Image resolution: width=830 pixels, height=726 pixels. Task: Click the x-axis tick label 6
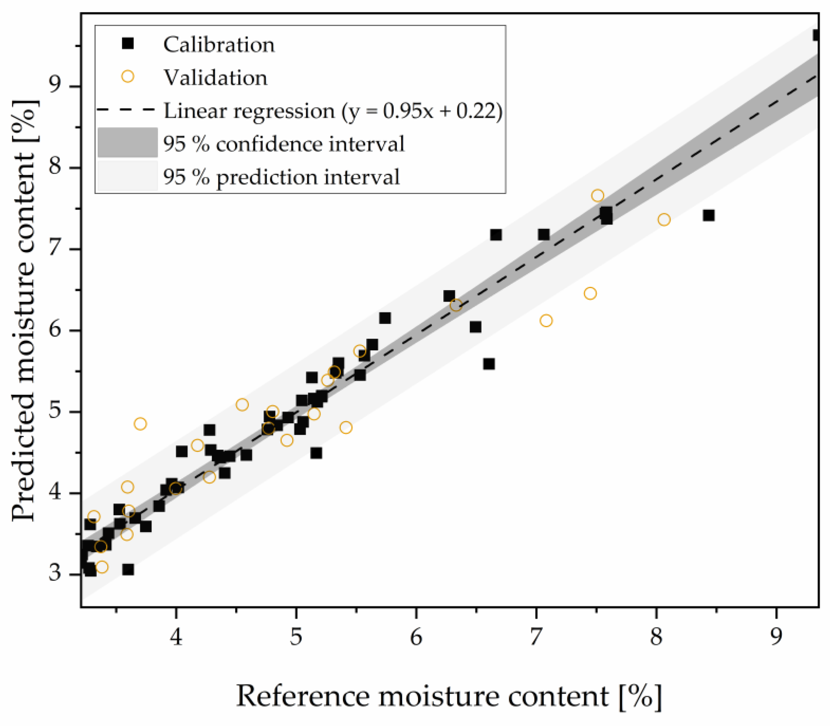(416, 637)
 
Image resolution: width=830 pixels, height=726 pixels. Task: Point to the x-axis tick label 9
(776, 637)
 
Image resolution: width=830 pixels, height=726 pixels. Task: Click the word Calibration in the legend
(219, 45)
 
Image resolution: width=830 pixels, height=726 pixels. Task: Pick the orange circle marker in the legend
(128, 76)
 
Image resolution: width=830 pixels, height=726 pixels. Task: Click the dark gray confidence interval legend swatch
(128, 142)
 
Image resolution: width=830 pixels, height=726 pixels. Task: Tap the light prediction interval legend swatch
(128, 175)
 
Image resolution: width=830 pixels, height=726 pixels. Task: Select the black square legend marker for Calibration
(128, 43)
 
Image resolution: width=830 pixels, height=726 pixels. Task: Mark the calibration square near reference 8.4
(709, 215)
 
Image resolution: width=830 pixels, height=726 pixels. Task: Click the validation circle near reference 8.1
(664, 220)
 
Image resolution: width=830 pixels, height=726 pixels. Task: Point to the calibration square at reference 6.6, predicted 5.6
(489, 364)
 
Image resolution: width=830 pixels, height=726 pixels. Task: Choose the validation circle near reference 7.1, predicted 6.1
(546, 320)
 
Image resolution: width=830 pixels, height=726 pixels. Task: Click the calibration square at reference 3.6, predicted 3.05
(129, 570)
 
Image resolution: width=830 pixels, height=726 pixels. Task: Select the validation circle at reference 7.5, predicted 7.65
(597, 196)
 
